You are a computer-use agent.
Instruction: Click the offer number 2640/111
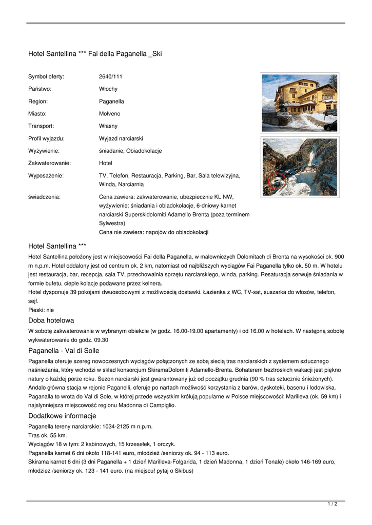(110, 77)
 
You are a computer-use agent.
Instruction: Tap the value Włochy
(108, 89)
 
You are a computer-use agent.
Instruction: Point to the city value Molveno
(109, 114)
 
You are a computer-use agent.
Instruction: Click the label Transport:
(41, 126)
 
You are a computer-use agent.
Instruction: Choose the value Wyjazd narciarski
(121, 138)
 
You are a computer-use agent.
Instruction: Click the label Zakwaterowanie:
(49, 163)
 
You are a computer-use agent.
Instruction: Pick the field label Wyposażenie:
(46, 175)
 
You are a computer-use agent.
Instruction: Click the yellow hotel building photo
(299, 102)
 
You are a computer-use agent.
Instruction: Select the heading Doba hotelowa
(51, 320)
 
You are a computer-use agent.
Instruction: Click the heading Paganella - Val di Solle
(64, 351)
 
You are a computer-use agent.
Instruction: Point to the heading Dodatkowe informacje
(62, 416)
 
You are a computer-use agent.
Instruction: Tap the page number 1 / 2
(332, 504)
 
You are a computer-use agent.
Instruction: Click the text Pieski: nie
(41, 310)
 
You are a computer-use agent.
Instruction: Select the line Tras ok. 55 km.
(48, 435)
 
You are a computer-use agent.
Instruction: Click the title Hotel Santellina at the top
(95, 53)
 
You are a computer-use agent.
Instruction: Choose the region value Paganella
(111, 102)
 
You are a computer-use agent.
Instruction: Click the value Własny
(108, 126)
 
